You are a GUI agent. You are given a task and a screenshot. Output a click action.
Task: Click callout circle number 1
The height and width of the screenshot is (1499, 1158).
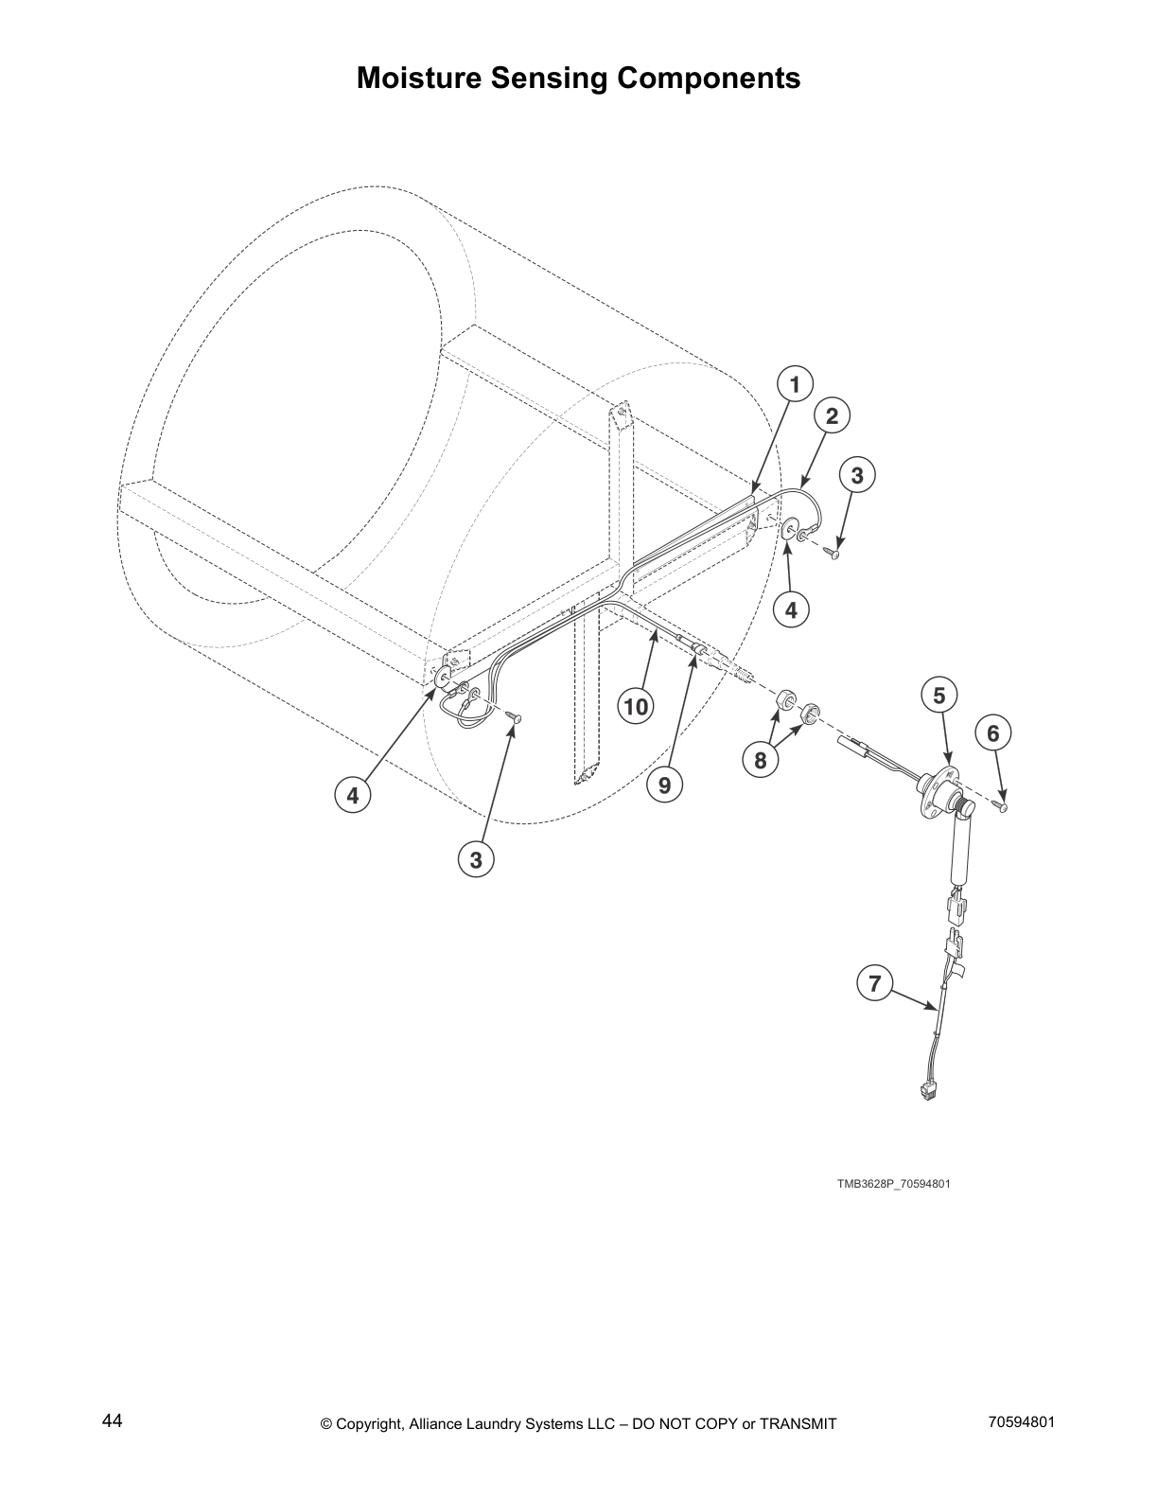[795, 384]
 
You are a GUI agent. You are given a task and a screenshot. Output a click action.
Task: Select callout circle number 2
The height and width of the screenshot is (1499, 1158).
[832, 415]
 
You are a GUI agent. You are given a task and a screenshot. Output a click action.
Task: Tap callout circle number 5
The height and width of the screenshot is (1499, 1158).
[939, 696]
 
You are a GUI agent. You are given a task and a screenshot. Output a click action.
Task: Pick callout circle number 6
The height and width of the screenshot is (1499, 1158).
[992, 732]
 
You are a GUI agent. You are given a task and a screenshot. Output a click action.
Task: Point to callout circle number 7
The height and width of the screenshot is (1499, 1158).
[874, 983]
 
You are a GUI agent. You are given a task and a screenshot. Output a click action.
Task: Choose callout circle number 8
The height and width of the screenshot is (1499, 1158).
[761, 759]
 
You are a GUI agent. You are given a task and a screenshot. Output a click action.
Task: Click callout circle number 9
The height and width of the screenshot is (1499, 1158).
[664, 785]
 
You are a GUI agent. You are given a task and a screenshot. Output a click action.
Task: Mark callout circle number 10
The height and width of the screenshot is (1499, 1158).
[636, 706]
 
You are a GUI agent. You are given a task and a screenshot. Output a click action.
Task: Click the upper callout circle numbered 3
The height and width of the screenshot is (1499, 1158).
[856, 475]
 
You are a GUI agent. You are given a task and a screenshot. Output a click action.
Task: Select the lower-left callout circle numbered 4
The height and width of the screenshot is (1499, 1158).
[352, 796]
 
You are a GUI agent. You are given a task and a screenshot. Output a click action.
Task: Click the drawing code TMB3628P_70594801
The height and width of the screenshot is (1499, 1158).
[892, 1184]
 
